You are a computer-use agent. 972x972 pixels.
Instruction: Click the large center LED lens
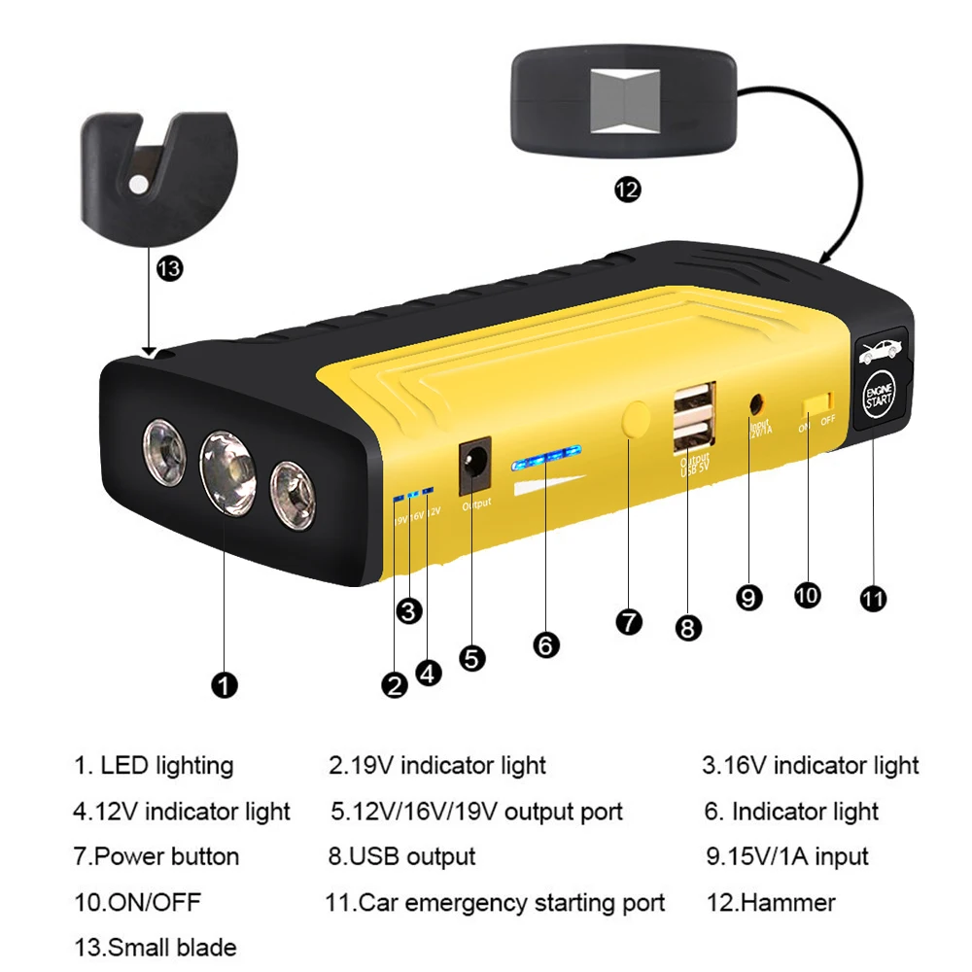[227, 473]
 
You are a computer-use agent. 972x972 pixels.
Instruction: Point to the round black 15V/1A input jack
[754, 400]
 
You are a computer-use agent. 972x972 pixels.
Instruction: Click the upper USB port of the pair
[691, 399]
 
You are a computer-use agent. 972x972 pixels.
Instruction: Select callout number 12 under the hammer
[628, 190]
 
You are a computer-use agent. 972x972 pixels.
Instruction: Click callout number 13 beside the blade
[169, 269]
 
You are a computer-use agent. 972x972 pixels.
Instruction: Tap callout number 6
[547, 643]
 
